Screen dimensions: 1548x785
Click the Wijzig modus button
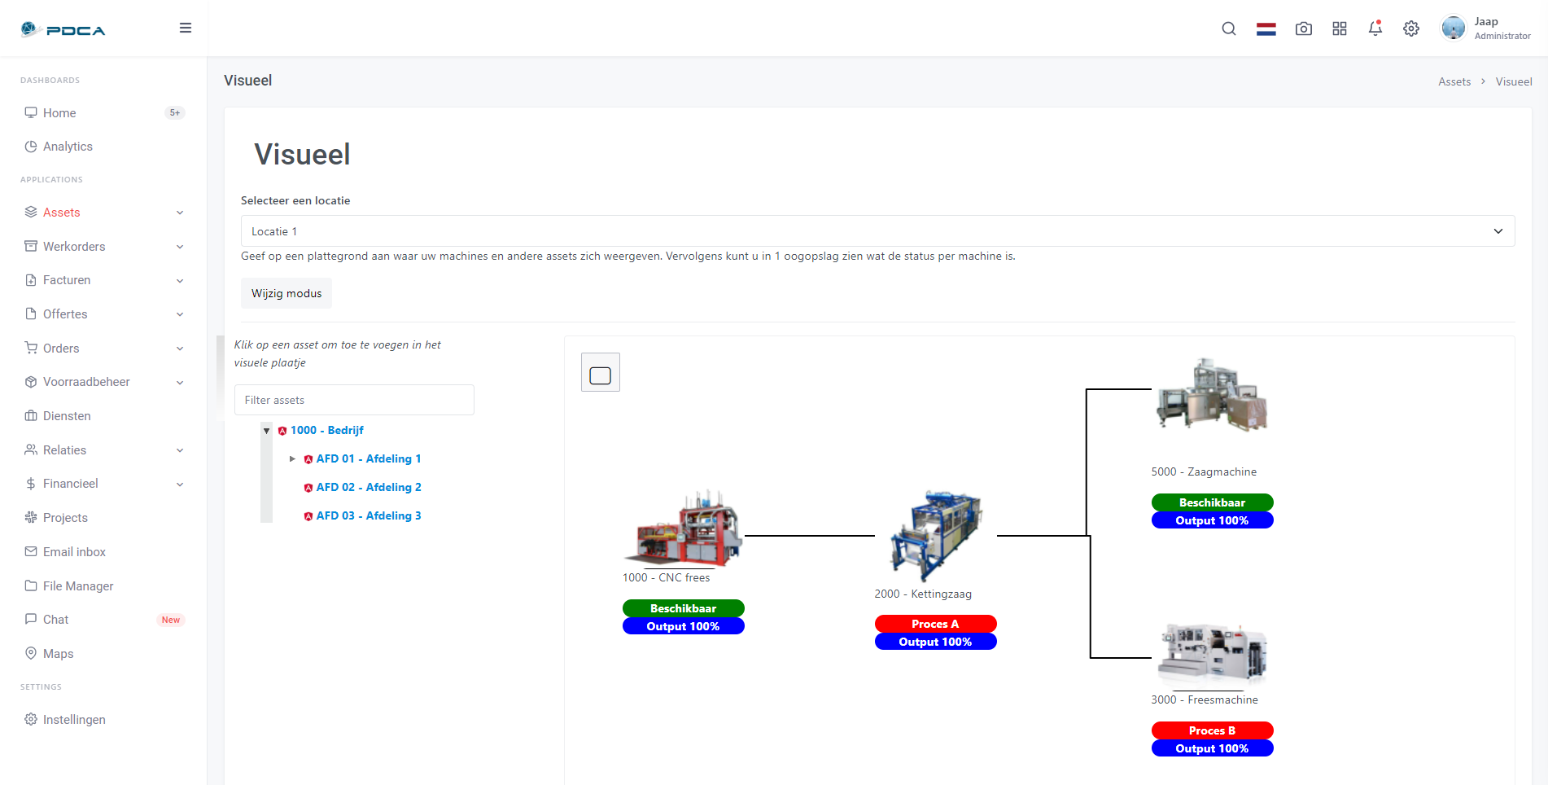click(x=286, y=293)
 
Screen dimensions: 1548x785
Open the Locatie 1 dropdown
click(x=877, y=231)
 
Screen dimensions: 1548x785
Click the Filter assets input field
click(x=354, y=400)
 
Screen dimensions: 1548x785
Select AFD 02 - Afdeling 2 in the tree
click(x=369, y=487)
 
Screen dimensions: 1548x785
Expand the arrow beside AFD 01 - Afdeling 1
click(x=293, y=459)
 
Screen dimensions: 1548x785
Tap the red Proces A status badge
click(x=935, y=624)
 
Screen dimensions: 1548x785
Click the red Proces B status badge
click(x=1212, y=730)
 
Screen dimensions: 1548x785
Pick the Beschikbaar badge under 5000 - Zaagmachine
click(x=1212, y=502)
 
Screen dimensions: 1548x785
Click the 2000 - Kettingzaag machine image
click(x=936, y=536)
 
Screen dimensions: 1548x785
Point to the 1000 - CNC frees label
click(x=666, y=577)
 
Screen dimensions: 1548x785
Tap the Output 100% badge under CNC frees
click(x=683, y=626)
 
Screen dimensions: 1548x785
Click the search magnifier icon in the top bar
click(x=1229, y=29)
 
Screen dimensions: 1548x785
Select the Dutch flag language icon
click(x=1266, y=29)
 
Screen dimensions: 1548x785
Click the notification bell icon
click(x=1375, y=29)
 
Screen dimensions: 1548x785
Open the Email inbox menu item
click(x=74, y=552)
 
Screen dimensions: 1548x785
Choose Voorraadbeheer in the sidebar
click(x=86, y=382)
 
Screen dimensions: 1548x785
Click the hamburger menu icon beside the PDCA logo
click(x=186, y=28)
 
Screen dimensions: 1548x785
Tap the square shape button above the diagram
click(x=601, y=372)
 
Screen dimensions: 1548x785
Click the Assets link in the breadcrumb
click(x=1454, y=81)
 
